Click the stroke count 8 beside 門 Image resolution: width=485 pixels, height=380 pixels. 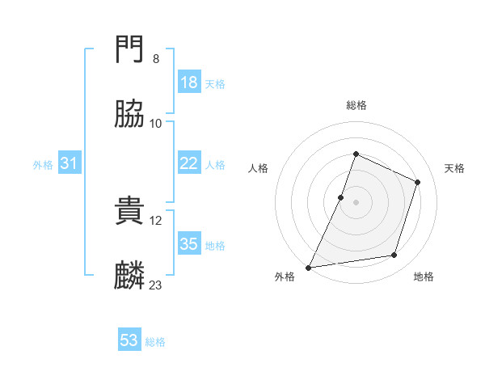tap(156, 59)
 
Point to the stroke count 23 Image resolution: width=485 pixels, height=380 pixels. tap(156, 285)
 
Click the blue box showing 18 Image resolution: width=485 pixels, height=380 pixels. tap(189, 82)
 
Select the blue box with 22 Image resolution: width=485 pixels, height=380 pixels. tap(189, 163)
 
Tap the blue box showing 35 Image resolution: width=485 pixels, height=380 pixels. tap(189, 244)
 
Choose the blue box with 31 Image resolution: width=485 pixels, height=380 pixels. tap(70, 163)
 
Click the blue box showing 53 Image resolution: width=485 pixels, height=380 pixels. tap(129, 340)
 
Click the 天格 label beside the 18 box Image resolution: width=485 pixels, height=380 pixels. tap(215, 84)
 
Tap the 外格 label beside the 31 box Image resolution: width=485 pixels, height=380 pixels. tap(43, 165)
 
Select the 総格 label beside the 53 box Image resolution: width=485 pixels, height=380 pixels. tap(155, 342)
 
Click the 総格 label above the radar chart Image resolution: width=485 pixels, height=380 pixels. tap(356, 105)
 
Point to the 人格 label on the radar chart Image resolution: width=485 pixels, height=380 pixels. tap(258, 168)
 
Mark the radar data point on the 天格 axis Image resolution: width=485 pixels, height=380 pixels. tap(418, 182)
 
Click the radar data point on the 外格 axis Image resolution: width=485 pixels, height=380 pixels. tap(309, 267)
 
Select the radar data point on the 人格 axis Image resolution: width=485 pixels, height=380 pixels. tap(341, 197)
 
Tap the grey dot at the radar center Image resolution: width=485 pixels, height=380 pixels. tap(356, 202)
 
